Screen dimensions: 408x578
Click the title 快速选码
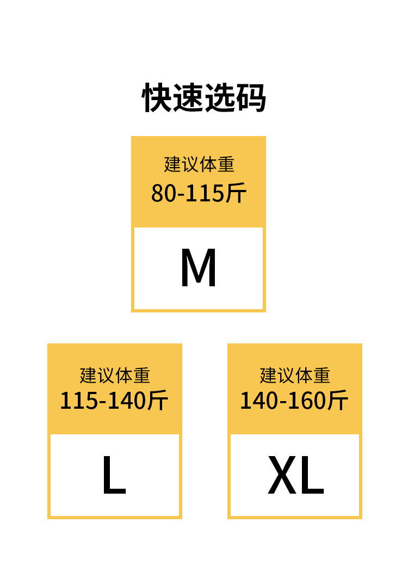[204, 98]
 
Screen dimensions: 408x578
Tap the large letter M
[199, 268]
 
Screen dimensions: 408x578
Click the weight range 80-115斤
[199, 193]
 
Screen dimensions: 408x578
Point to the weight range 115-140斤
[114, 401]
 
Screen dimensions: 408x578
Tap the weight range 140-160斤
[294, 401]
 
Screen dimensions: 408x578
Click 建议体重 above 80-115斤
[199, 164]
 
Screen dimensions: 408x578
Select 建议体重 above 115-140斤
[114, 376]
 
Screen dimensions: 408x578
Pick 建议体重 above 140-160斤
[294, 376]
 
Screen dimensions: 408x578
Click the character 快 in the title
[158, 98]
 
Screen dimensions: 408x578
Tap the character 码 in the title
[250, 98]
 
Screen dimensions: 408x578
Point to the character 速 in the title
[188, 98]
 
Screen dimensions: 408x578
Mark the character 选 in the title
[219, 98]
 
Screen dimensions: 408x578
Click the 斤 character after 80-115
[236, 193]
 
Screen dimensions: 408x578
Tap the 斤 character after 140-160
[338, 401]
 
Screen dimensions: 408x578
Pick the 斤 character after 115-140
[158, 401]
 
